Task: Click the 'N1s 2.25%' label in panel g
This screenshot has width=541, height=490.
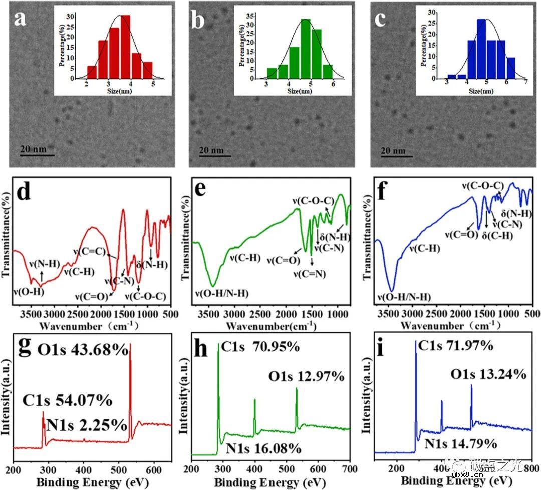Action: point(87,425)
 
